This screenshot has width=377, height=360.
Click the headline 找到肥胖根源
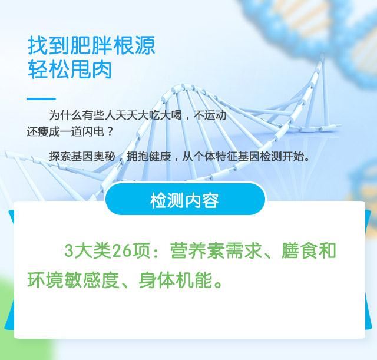[91, 45]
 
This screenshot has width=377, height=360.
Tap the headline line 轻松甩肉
[70, 70]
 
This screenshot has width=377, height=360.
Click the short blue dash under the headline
[41, 98]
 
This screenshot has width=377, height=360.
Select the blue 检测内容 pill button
[185, 199]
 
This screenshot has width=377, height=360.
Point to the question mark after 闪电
[110, 131]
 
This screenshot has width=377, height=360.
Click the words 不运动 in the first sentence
[210, 115]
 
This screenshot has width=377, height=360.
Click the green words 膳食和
[309, 250]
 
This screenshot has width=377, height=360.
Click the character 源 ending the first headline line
[145, 45]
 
